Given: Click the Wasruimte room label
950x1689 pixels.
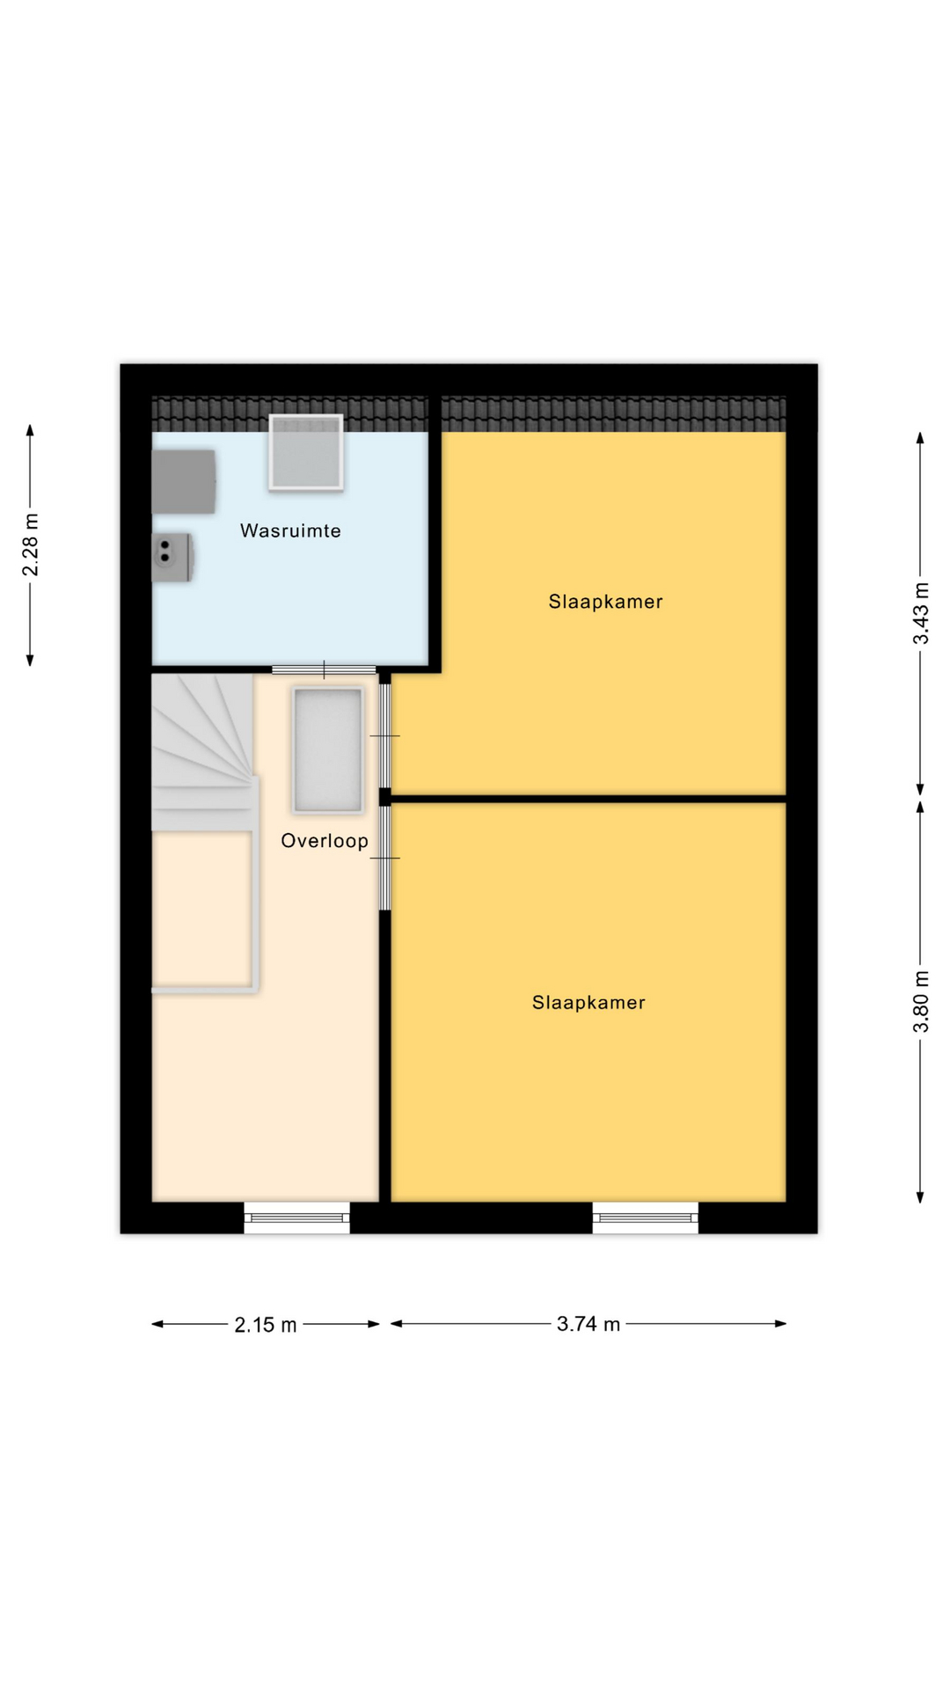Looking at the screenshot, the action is [x=290, y=530].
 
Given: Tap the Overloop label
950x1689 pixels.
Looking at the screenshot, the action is [x=325, y=841].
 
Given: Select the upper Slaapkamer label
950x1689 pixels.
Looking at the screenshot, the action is [x=605, y=602].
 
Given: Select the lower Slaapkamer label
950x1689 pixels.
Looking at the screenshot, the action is [x=588, y=1003].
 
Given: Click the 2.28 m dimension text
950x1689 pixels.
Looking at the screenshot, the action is [x=31, y=545].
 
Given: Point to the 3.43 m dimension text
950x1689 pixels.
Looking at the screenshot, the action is [x=920, y=613].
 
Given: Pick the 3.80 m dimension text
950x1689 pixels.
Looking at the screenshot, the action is [x=920, y=1001].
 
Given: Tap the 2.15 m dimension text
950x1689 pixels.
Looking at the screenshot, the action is [x=266, y=1325].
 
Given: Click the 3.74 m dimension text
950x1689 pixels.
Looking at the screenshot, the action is [x=588, y=1324].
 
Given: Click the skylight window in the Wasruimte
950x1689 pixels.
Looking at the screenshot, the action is [x=306, y=452].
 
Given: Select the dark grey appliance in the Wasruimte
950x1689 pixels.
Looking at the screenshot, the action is [x=184, y=482].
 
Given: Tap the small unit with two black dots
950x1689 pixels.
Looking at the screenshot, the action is [x=172, y=557].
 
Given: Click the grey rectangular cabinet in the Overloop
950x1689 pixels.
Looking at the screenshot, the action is [x=327, y=750].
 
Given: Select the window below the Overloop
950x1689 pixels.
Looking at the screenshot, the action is [x=297, y=1217].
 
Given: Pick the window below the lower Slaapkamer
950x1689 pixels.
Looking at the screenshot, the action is [x=646, y=1217].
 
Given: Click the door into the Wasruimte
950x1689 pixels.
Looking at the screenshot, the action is [x=324, y=670].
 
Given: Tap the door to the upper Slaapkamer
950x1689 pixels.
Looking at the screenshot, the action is [x=384, y=735].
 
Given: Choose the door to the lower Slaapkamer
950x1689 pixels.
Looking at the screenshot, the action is [x=384, y=858].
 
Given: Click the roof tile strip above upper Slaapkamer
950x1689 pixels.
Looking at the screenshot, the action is [x=613, y=413].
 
